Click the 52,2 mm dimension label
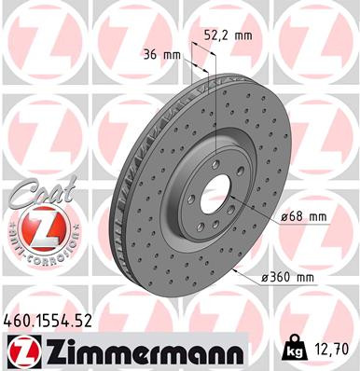pyautogui.click(x=228, y=35)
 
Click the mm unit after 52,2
pyautogui.click(x=242, y=35)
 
